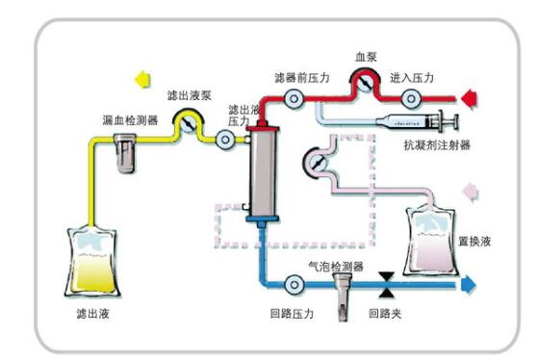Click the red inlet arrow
tap(469, 99)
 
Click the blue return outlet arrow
tap(469, 285)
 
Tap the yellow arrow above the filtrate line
tap(142, 79)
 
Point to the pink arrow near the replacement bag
tap(471, 193)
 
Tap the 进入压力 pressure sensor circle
tap(411, 99)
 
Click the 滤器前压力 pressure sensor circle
tap(294, 99)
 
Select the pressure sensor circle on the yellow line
tap(225, 140)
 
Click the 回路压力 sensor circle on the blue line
tap(294, 285)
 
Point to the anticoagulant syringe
tap(418, 121)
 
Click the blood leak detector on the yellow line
tap(125, 153)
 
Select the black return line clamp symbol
tap(386, 285)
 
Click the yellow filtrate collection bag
tap(92, 263)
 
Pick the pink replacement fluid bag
tap(430, 241)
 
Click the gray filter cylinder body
tap(263, 173)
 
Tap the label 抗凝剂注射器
tap(437, 144)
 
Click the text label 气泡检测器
tap(336, 267)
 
